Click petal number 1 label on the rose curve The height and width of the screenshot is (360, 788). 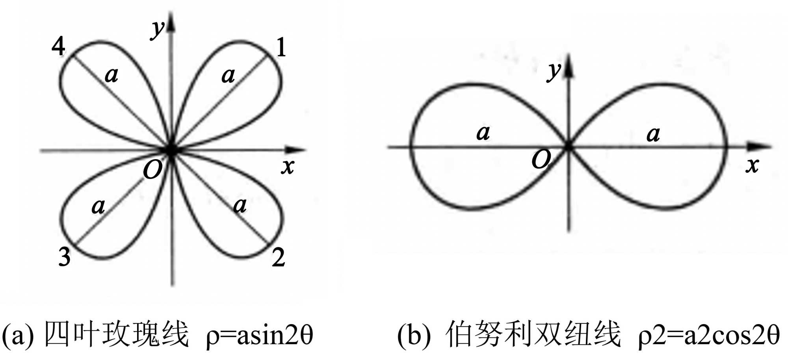pyautogui.click(x=281, y=48)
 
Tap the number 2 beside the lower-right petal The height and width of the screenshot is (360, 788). pyautogui.click(x=278, y=258)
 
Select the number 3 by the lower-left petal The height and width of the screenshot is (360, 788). pyautogui.click(x=64, y=257)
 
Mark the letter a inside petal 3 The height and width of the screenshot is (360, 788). pyautogui.click(x=98, y=206)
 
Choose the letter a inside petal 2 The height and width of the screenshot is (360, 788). pyautogui.click(x=240, y=205)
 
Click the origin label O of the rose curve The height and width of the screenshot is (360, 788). pyautogui.click(x=152, y=170)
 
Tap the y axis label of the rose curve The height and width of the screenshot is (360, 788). pyautogui.click(x=158, y=28)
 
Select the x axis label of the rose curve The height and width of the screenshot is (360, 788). pyautogui.click(x=288, y=167)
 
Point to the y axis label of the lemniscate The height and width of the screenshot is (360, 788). pyautogui.click(x=554, y=72)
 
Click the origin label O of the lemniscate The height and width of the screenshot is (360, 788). pyautogui.click(x=541, y=160)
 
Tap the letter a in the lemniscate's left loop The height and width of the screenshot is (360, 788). pyautogui.click(x=483, y=133)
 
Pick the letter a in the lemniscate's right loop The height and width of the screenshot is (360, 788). pyautogui.click(x=653, y=134)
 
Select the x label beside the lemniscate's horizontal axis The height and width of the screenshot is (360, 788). pyautogui.click(x=752, y=165)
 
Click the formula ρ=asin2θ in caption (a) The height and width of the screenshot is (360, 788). pyautogui.click(x=259, y=336)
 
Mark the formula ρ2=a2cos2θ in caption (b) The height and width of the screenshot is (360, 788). pyautogui.click(x=708, y=336)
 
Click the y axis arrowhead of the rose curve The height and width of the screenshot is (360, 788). pyautogui.click(x=171, y=22)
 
